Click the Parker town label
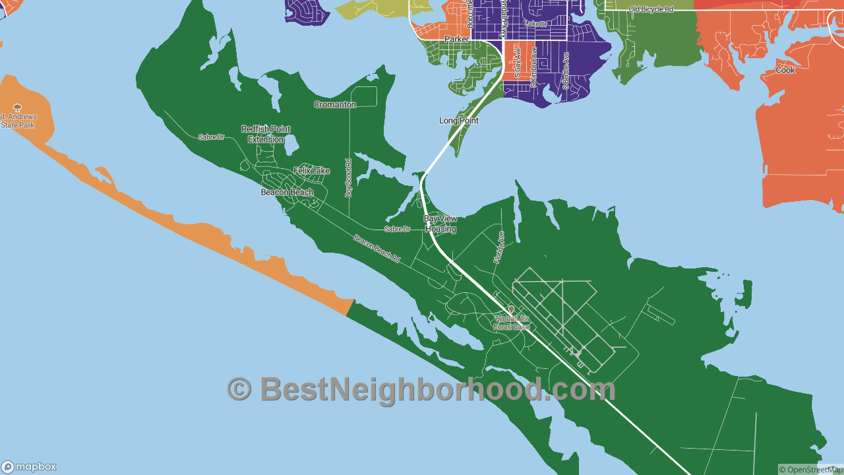click(x=456, y=40)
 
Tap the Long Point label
click(x=459, y=121)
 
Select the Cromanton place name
click(x=335, y=105)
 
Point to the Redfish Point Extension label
click(x=266, y=135)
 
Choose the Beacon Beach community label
click(x=287, y=193)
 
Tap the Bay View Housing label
click(x=440, y=224)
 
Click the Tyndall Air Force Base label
click(x=512, y=323)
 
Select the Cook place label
click(x=785, y=70)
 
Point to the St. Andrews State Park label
click(x=18, y=121)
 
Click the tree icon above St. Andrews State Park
click(x=17, y=108)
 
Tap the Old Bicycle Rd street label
click(x=651, y=9)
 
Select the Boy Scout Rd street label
click(x=348, y=177)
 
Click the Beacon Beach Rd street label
click(x=377, y=249)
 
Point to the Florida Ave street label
click(x=499, y=247)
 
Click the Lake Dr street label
click(x=535, y=24)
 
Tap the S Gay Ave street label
click(x=518, y=61)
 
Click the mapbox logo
click(x=29, y=466)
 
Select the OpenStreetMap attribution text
click(x=810, y=470)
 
